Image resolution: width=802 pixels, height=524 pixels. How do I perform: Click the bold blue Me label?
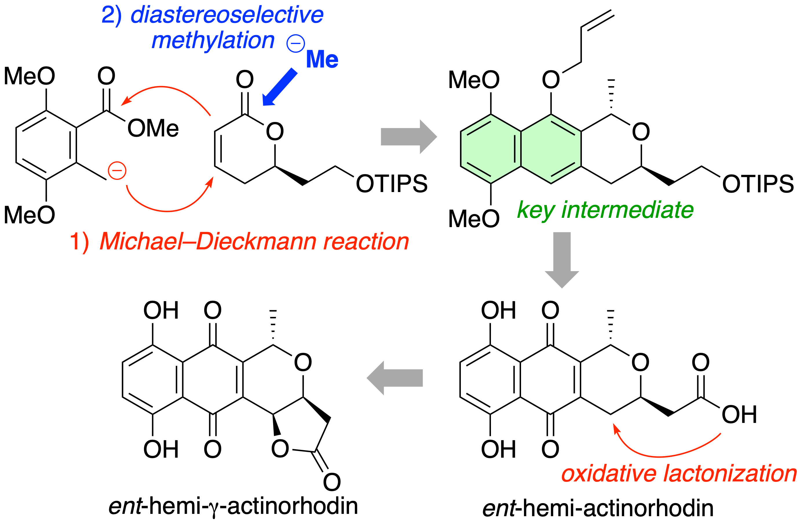pyautogui.click(x=322, y=59)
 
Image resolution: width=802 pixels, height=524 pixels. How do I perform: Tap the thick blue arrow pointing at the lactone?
pyautogui.click(x=280, y=87)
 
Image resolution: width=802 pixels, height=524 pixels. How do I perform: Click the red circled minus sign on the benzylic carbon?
pyautogui.click(x=117, y=171)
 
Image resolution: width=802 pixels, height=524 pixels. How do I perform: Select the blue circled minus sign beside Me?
pyautogui.click(x=295, y=43)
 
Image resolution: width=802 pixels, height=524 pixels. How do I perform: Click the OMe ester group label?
pyautogui.click(x=153, y=128)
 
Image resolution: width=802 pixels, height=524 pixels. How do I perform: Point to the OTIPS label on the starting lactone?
pyautogui.click(x=392, y=184)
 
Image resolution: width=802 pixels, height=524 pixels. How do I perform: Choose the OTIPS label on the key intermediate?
pyautogui.click(x=758, y=184)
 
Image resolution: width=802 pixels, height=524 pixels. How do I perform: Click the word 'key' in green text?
pyautogui.click(x=536, y=210)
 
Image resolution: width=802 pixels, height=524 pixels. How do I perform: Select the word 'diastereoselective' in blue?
pyautogui.click(x=227, y=15)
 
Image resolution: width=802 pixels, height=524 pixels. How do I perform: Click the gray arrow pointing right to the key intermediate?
pyautogui.click(x=409, y=137)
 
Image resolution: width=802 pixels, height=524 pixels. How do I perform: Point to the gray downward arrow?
pyautogui.click(x=562, y=260)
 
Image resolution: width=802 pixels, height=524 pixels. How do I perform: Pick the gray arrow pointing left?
pyautogui.click(x=394, y=378)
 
